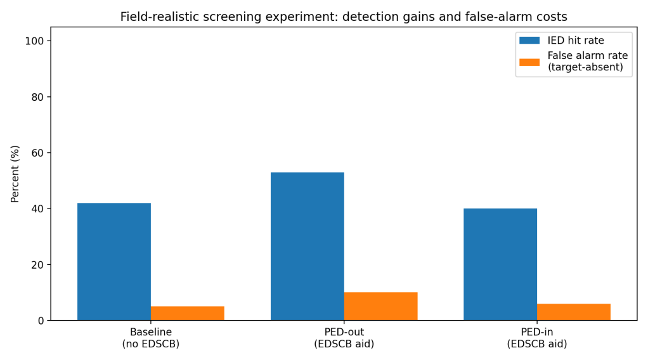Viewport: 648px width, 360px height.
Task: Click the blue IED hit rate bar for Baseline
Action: pos(114,261)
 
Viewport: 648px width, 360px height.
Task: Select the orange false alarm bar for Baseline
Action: pos(187,313)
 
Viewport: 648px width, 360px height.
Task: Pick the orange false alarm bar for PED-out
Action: pos(380,306)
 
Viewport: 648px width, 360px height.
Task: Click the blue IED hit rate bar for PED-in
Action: pos(500,264)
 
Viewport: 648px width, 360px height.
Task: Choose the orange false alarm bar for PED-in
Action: pos(573,312)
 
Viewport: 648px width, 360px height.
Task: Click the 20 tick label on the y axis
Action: pos(39,265)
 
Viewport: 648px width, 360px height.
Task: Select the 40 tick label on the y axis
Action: pos(39,209)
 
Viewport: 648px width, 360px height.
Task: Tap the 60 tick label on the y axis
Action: pos(39,153)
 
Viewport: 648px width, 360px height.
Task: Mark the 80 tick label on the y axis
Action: pos(39,97)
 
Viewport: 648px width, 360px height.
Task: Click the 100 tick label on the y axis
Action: pos(36,41)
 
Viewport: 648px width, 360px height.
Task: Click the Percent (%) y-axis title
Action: pos(15,174)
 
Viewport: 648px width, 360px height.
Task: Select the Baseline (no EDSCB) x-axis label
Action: pos(151,338)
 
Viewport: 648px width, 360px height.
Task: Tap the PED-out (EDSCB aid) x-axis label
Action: pos(344,338)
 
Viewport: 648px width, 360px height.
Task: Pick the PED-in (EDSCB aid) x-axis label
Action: pos(536,338)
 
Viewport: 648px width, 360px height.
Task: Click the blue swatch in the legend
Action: pos(529,41)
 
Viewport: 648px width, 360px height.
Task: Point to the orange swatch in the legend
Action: pos(529,61)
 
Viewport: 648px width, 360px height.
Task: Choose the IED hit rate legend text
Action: pos(576,41)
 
